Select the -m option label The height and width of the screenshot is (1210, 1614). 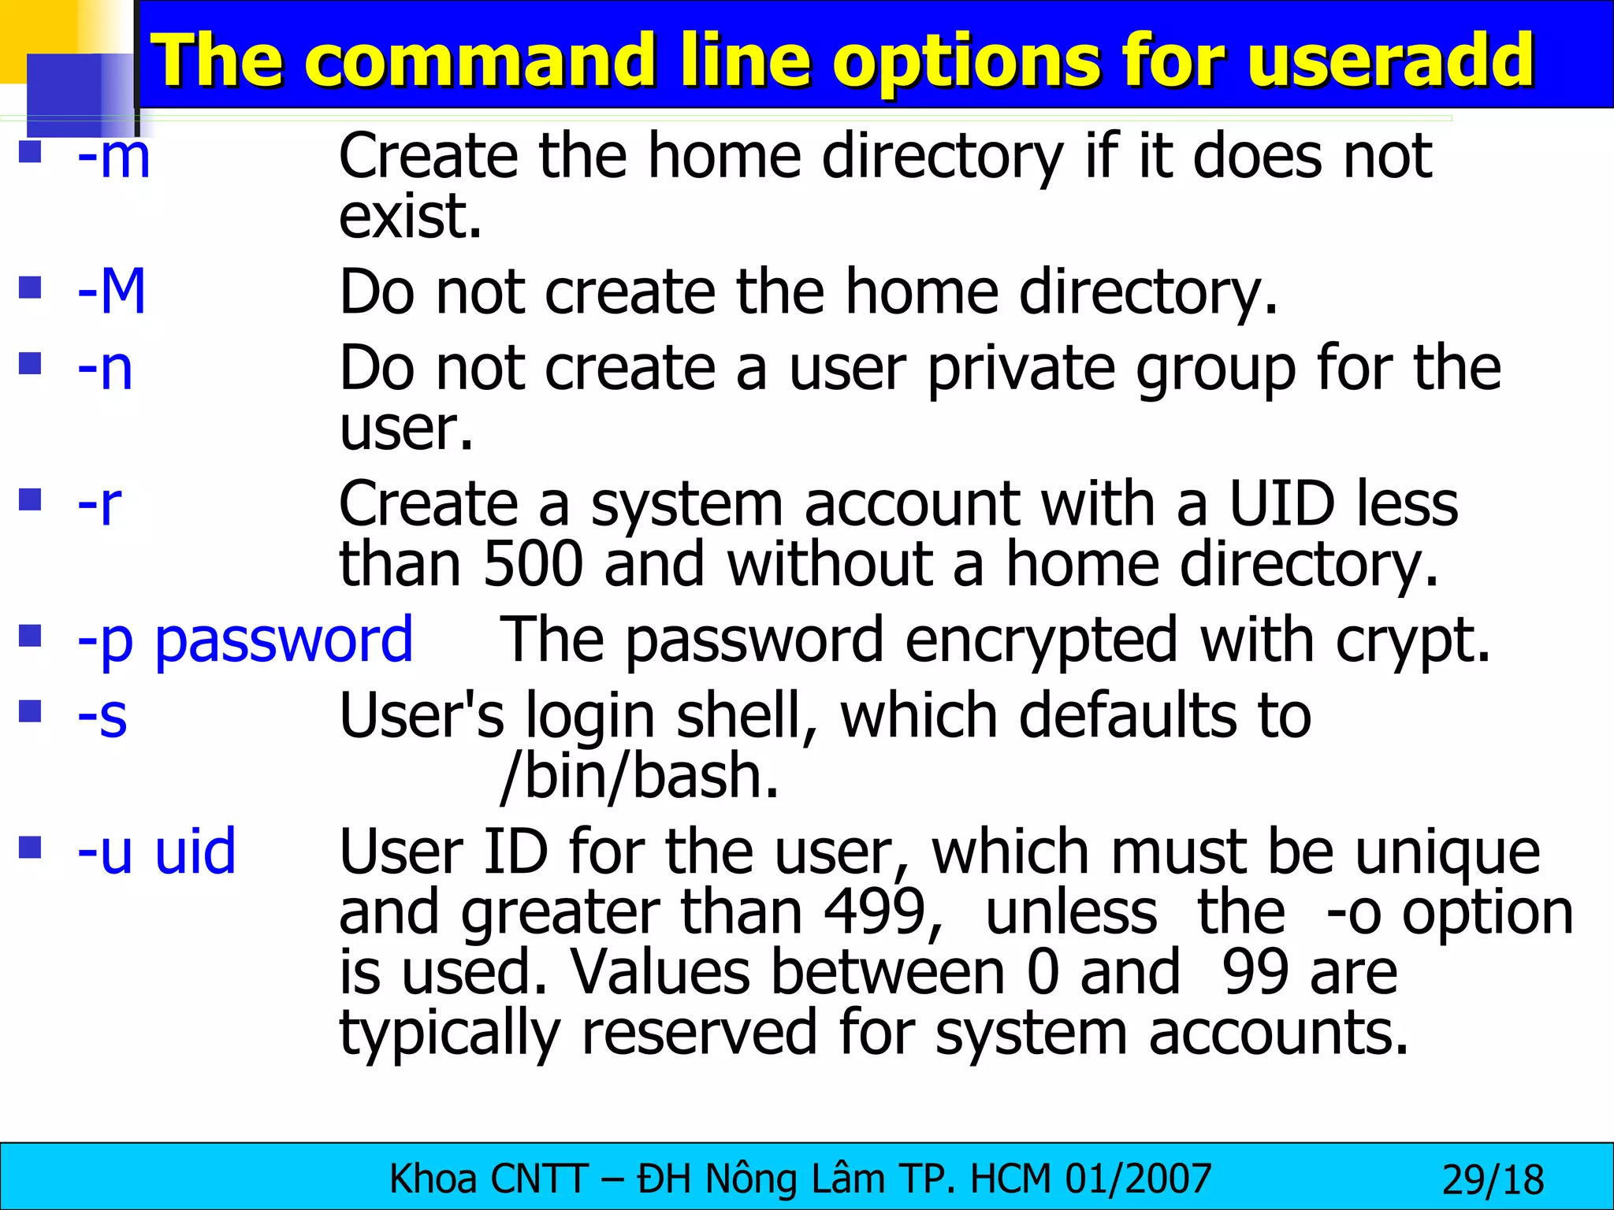click(x=113, y=157)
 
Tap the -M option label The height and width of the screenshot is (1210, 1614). click(x=112, y=291)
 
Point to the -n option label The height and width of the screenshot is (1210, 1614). click(x=105, y=368)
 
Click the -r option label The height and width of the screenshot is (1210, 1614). click(x=99, y=504)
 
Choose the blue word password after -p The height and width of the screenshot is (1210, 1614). click(x=284, y=640)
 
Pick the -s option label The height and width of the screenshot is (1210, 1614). click(x=102, y=716)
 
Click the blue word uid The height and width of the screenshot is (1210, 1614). click(x=195, y=852)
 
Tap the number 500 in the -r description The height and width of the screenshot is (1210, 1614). click(x=533, y=565)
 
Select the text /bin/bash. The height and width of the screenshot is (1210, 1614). click(x=639, y=777)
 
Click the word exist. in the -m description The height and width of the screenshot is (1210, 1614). click(x=410, y=217)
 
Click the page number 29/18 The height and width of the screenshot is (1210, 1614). click(x=1493, y=1180)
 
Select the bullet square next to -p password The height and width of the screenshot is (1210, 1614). click(x=30, y=635)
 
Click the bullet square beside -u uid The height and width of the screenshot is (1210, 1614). click(x=30, y=848)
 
